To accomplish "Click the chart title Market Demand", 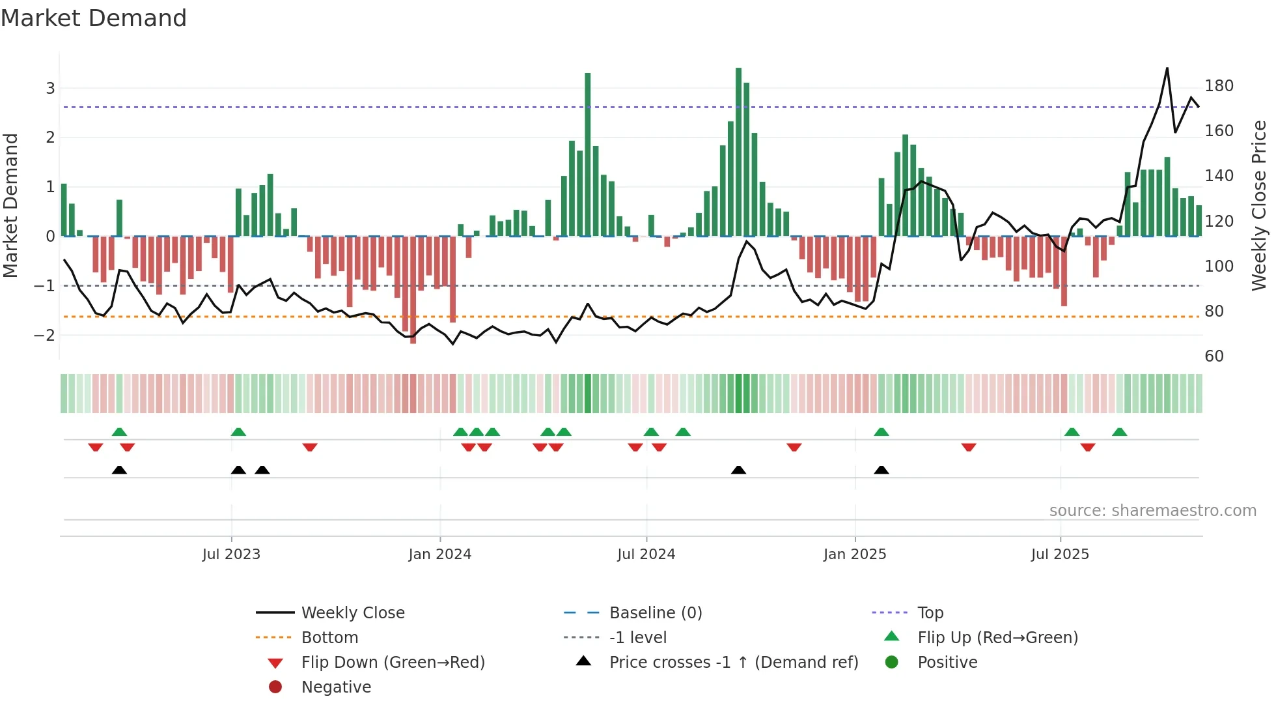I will [x=94, y=18].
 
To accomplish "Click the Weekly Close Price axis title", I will [x=1259, y=205].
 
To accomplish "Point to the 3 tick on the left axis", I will [x=50, y=88].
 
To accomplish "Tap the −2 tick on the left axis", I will [x=46, y=336].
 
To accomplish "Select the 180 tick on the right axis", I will [x=1219, y=86].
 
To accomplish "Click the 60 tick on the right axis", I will [x=1214, y=356].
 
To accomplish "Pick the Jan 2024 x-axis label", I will [x=439, y=554].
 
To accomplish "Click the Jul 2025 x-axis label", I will [x=1060, y=554].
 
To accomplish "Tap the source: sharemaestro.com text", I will [x=1152, y=511].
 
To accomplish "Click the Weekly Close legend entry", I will [x=352, y=613].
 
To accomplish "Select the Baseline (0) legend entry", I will [x=655, y=613].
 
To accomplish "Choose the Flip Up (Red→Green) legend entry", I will [x=997, y=638].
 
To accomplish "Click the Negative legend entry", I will [x=336, y=687].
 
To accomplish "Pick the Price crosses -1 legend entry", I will [x=733, y=663].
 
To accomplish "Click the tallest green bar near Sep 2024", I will [x=738, y=151].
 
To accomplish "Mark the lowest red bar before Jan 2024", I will [x=413, y=290].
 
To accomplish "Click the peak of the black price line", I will [x=1167, y=68].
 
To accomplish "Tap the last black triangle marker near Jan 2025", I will [x=881, y=470].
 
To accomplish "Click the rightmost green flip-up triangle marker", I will [x=1119, y=432].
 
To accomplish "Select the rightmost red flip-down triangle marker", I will [x=1087, y=447].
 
